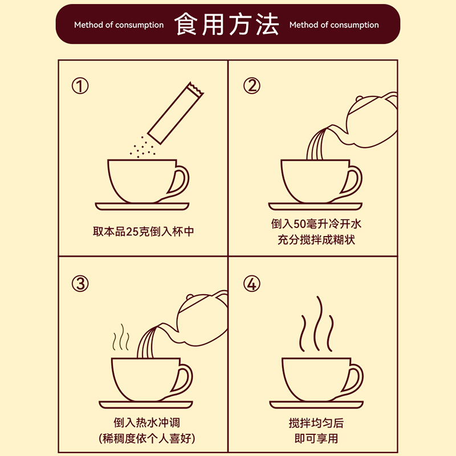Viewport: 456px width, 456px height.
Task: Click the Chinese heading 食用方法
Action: [226, 25]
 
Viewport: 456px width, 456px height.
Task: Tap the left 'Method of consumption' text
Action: [119, 25]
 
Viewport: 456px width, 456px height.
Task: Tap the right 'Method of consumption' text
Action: [334, 25]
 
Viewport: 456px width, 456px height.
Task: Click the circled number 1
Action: [80, 86]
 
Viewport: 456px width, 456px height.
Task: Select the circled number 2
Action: [252, 86]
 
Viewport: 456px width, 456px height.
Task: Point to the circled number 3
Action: [80, 284]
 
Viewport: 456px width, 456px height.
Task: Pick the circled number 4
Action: [252, 284]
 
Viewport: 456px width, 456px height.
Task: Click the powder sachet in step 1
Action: [176, 113]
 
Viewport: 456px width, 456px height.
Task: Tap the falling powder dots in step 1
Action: [142, 148]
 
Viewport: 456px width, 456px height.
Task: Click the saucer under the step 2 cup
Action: [315, 206]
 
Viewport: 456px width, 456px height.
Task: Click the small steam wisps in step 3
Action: [121, 337]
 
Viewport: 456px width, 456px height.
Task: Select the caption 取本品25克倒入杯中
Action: [143, 231]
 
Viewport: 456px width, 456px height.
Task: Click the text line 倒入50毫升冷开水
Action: [316, 224]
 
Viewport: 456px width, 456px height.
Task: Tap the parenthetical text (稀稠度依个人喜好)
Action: [147, 438]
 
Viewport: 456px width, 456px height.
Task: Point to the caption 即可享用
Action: [316, 438]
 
